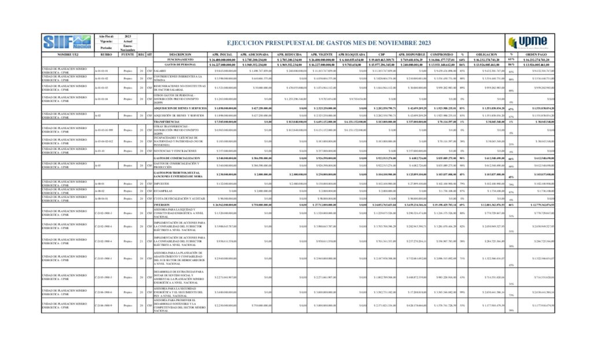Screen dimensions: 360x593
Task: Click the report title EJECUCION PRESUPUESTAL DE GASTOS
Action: pos(328,43)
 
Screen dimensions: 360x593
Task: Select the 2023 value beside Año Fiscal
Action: pos(128,36)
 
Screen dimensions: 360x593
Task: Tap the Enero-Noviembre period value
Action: pos(128,48)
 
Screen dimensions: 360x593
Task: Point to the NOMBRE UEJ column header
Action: pos(67,54)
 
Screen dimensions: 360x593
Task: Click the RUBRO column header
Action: pos(106,54)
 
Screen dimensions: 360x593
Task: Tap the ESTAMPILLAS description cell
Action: pos(164,190)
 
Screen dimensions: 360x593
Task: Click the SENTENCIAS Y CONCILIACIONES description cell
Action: pos(176,150)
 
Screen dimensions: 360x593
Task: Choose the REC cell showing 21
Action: pos(141,240)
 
